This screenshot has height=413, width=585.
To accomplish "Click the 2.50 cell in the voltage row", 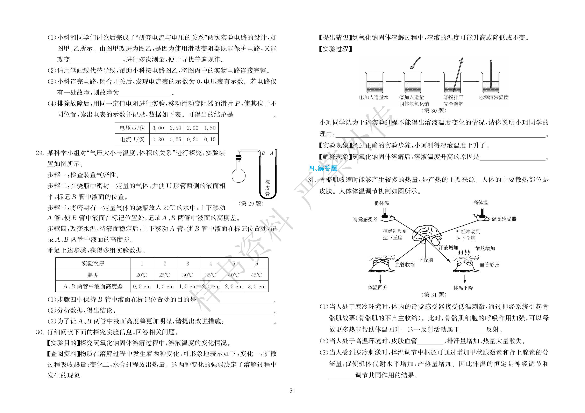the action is click(x=175, y=128).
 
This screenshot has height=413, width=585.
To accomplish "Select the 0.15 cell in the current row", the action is click(x=210, y=140).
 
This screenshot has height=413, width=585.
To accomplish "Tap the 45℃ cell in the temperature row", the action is click(x=256, y=275).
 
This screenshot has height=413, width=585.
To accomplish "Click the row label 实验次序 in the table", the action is click(x=93, y=263).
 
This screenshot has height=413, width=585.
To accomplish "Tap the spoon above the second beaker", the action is click(x=415, y=63).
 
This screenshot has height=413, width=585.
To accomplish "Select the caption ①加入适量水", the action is click(x=374, y=97).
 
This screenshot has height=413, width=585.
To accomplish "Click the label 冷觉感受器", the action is click(x=365, y=219).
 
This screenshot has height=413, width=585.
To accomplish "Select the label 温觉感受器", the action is click(x=504, y=219).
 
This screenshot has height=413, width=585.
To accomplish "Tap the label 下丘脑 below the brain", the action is click(x=426, y=260).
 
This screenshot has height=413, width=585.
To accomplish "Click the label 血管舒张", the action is click(x=490, y=265).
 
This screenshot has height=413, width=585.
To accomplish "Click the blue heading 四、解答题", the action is click(x=323, y=168).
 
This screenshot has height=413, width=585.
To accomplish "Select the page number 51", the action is click(x=292, y=391).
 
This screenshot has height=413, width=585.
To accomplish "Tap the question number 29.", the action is click(x=40, y=153).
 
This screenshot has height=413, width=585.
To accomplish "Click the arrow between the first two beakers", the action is click(x=393, y=81).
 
